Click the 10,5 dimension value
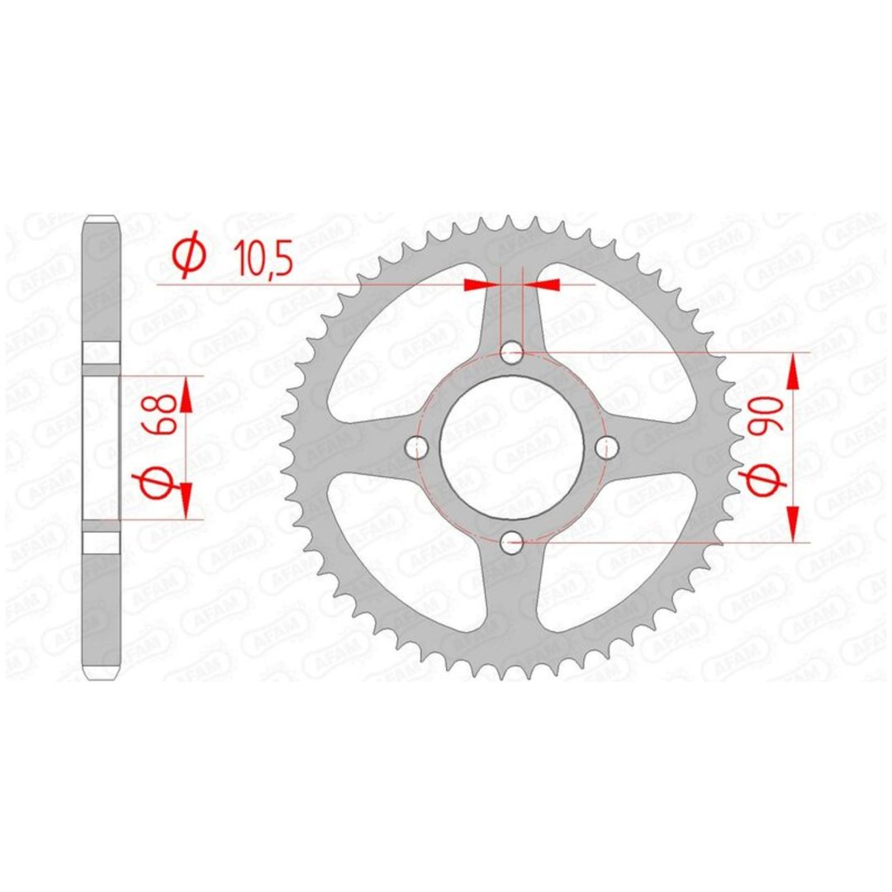tap(266, 260)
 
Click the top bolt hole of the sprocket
tap(511, 353)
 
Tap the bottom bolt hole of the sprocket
tap(511, 542)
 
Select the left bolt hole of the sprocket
tap(416, 447)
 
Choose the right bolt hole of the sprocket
tap(606, 447)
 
